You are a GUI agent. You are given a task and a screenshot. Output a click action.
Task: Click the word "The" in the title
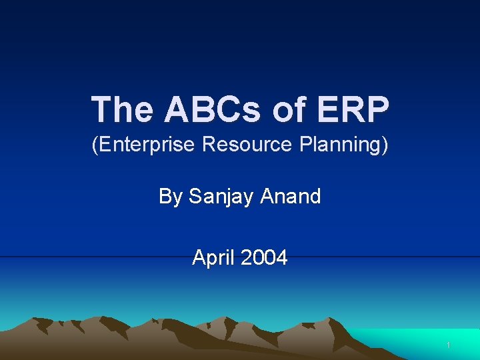[122, 109]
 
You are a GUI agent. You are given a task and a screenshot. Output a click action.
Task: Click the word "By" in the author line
[171, 197]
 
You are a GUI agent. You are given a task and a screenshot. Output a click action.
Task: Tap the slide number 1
[449, 345]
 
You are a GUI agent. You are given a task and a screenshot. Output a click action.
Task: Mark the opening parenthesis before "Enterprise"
[94, 145]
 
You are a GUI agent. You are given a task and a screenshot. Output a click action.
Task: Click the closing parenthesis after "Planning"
[385, 145]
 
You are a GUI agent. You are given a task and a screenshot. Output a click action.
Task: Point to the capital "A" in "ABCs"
[177, 109]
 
